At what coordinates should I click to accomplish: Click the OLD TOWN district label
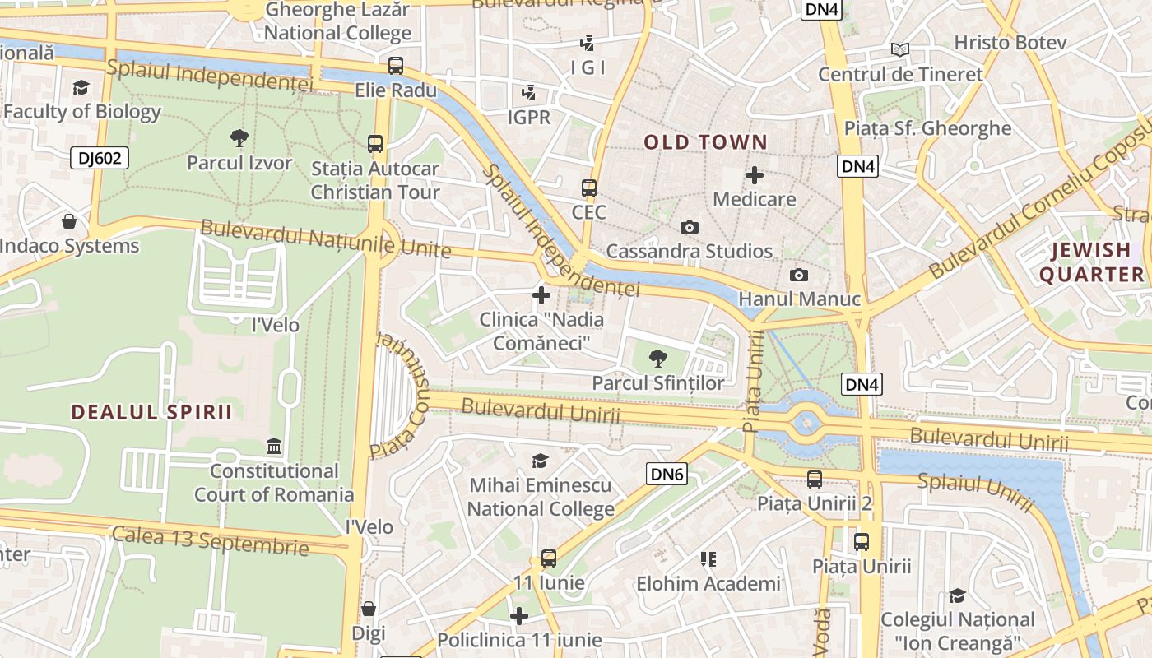coord(705,142)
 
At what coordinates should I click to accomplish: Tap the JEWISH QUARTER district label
coord(1091,262)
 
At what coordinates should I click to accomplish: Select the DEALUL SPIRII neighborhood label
coord(151,412)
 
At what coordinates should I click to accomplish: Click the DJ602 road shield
coord(100,158)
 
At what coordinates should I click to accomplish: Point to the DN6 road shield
coord(667,474)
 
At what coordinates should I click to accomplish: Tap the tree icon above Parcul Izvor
coord(239,137)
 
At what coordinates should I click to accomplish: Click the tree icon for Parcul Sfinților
coord(657,358)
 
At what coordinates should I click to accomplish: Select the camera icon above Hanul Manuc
coord(798,276)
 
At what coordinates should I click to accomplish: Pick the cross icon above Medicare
coord(754,174)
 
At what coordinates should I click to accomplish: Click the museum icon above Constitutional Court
coord(274,447)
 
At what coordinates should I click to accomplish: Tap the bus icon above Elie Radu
coord(396,66)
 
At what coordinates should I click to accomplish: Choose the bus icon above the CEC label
coord(588,188)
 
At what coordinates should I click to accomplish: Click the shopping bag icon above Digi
coord(369,609)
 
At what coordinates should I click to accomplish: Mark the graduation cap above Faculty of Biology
coord(81,87)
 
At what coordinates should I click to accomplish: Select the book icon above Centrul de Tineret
coord(900,50)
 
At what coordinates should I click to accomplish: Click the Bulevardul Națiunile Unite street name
coord(325,239)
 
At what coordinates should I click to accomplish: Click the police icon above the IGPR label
coord(529,93)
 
